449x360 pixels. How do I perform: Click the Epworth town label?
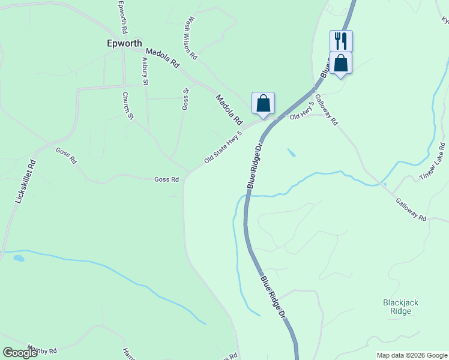[124, 44]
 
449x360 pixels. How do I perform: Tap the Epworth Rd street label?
[123, 17]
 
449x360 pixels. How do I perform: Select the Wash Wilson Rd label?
[191, 38]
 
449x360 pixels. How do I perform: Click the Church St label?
[127, 106]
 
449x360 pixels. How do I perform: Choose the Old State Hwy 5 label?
[223, 148]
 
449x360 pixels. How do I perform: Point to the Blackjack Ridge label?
[397, 307]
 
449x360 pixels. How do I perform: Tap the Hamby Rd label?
[42, 350]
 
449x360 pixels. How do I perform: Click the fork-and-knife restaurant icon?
[341, 41]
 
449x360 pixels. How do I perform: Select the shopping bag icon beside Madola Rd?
[263, 103]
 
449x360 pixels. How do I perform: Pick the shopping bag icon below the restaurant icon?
[340, 63]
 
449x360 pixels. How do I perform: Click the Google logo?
[20, 353]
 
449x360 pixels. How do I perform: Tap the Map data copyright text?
[411, 355]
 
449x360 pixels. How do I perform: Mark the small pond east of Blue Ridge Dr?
[291, 152]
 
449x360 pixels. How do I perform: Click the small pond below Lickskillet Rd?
[19, 259]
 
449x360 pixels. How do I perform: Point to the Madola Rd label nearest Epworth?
[163, 58]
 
